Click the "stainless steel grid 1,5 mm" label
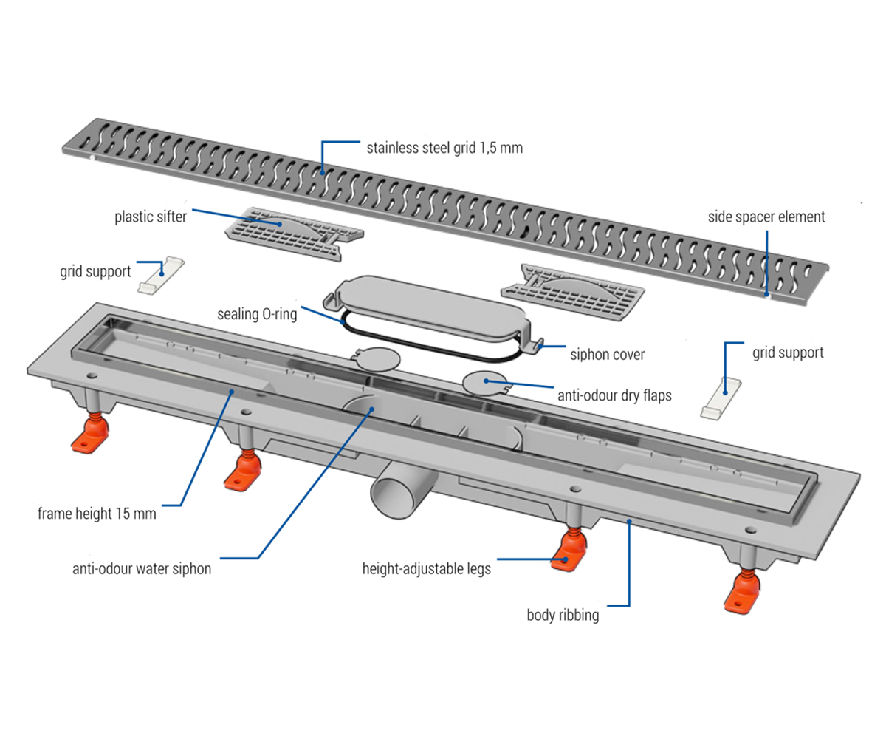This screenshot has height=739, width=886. click(x=444, y=147)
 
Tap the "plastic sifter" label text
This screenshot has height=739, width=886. click(x=151, y=217)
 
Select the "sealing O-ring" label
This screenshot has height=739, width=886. click(x=257, y=313)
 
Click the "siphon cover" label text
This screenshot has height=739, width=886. click(x=607, y=355)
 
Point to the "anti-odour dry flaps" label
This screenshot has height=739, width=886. click(x=614, y=395)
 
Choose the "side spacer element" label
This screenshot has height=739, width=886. click(x=766, y=217)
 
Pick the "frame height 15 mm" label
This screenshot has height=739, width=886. click(x=97, y=513)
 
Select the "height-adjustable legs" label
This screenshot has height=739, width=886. click(x=426, y=568)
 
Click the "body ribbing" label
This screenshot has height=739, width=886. click(x=563, y=615)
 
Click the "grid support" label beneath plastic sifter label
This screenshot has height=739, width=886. click(x=95, y=271)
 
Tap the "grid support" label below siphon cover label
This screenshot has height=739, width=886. click(x=788, y=353)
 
